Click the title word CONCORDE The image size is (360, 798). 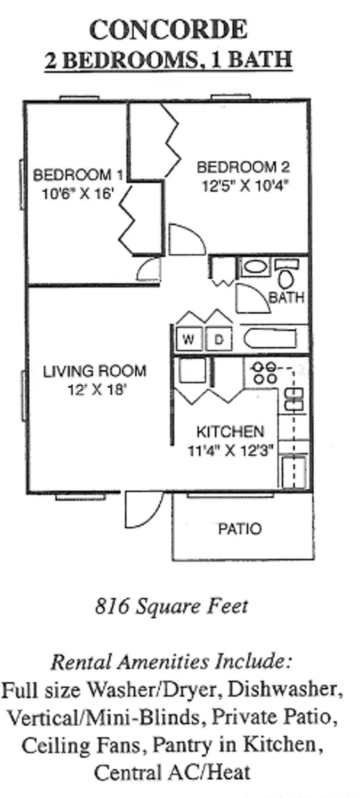coord(168,30)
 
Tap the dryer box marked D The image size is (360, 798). coord(219,340)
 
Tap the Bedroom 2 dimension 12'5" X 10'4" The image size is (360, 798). coord(245,185)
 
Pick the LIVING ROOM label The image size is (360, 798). coord(95,371)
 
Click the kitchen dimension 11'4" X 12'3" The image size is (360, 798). coord(231,450)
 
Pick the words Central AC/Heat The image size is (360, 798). coord(172,761)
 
